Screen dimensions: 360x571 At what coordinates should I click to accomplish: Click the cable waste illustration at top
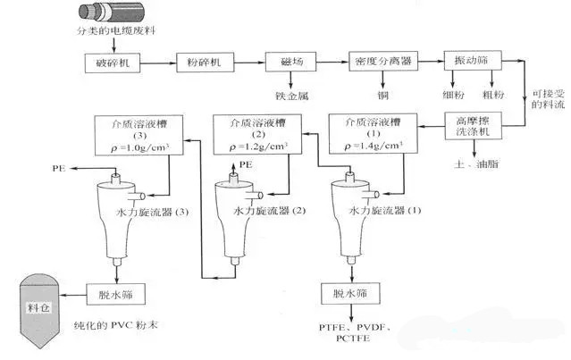[96, 17]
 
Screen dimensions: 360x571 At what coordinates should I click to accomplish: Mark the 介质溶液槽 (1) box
[368, 130]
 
